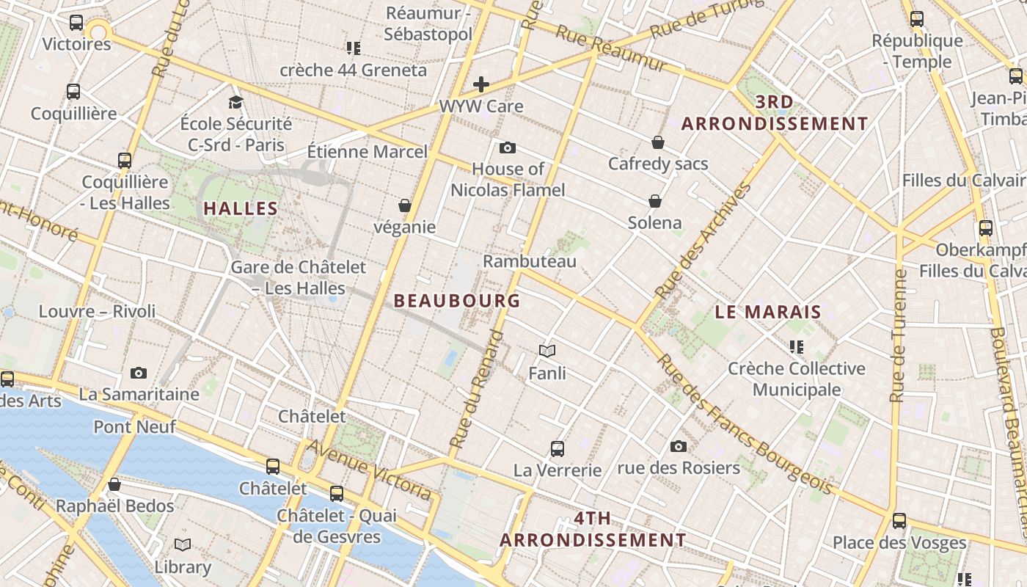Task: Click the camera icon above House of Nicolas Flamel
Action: coord(507,148)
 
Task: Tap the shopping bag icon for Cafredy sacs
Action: coord(657,142)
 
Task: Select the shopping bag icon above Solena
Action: coord(654,201)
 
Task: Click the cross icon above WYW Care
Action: coord(481,84)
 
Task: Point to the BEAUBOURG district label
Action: coord(457,301)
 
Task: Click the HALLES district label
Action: coord(241,208)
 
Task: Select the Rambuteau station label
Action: coord(530,261)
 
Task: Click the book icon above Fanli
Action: coord(547,351)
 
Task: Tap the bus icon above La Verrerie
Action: coord(558,448)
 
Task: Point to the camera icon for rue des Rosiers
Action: coord(679,446)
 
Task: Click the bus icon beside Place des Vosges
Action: coord(899,521)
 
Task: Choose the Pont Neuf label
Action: coord(134,426)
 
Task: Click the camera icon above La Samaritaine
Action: coord(139,373)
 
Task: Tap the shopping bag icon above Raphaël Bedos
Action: coord(114,484)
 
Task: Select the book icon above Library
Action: coord(183,544)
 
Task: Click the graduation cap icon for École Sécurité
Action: coord(235,102)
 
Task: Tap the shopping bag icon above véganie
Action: coord(404,205)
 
